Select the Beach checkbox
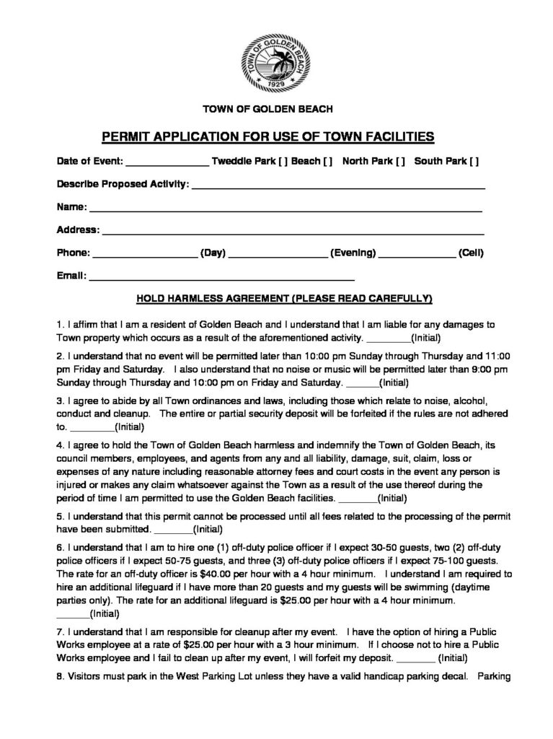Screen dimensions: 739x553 327,162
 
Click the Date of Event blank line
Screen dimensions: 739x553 167,164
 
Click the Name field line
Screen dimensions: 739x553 285,209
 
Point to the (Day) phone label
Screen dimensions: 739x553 214,253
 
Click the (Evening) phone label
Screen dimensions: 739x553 353,253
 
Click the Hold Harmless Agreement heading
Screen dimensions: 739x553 280,297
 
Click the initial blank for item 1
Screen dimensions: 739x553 388,338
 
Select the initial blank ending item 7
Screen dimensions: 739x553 415,659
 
